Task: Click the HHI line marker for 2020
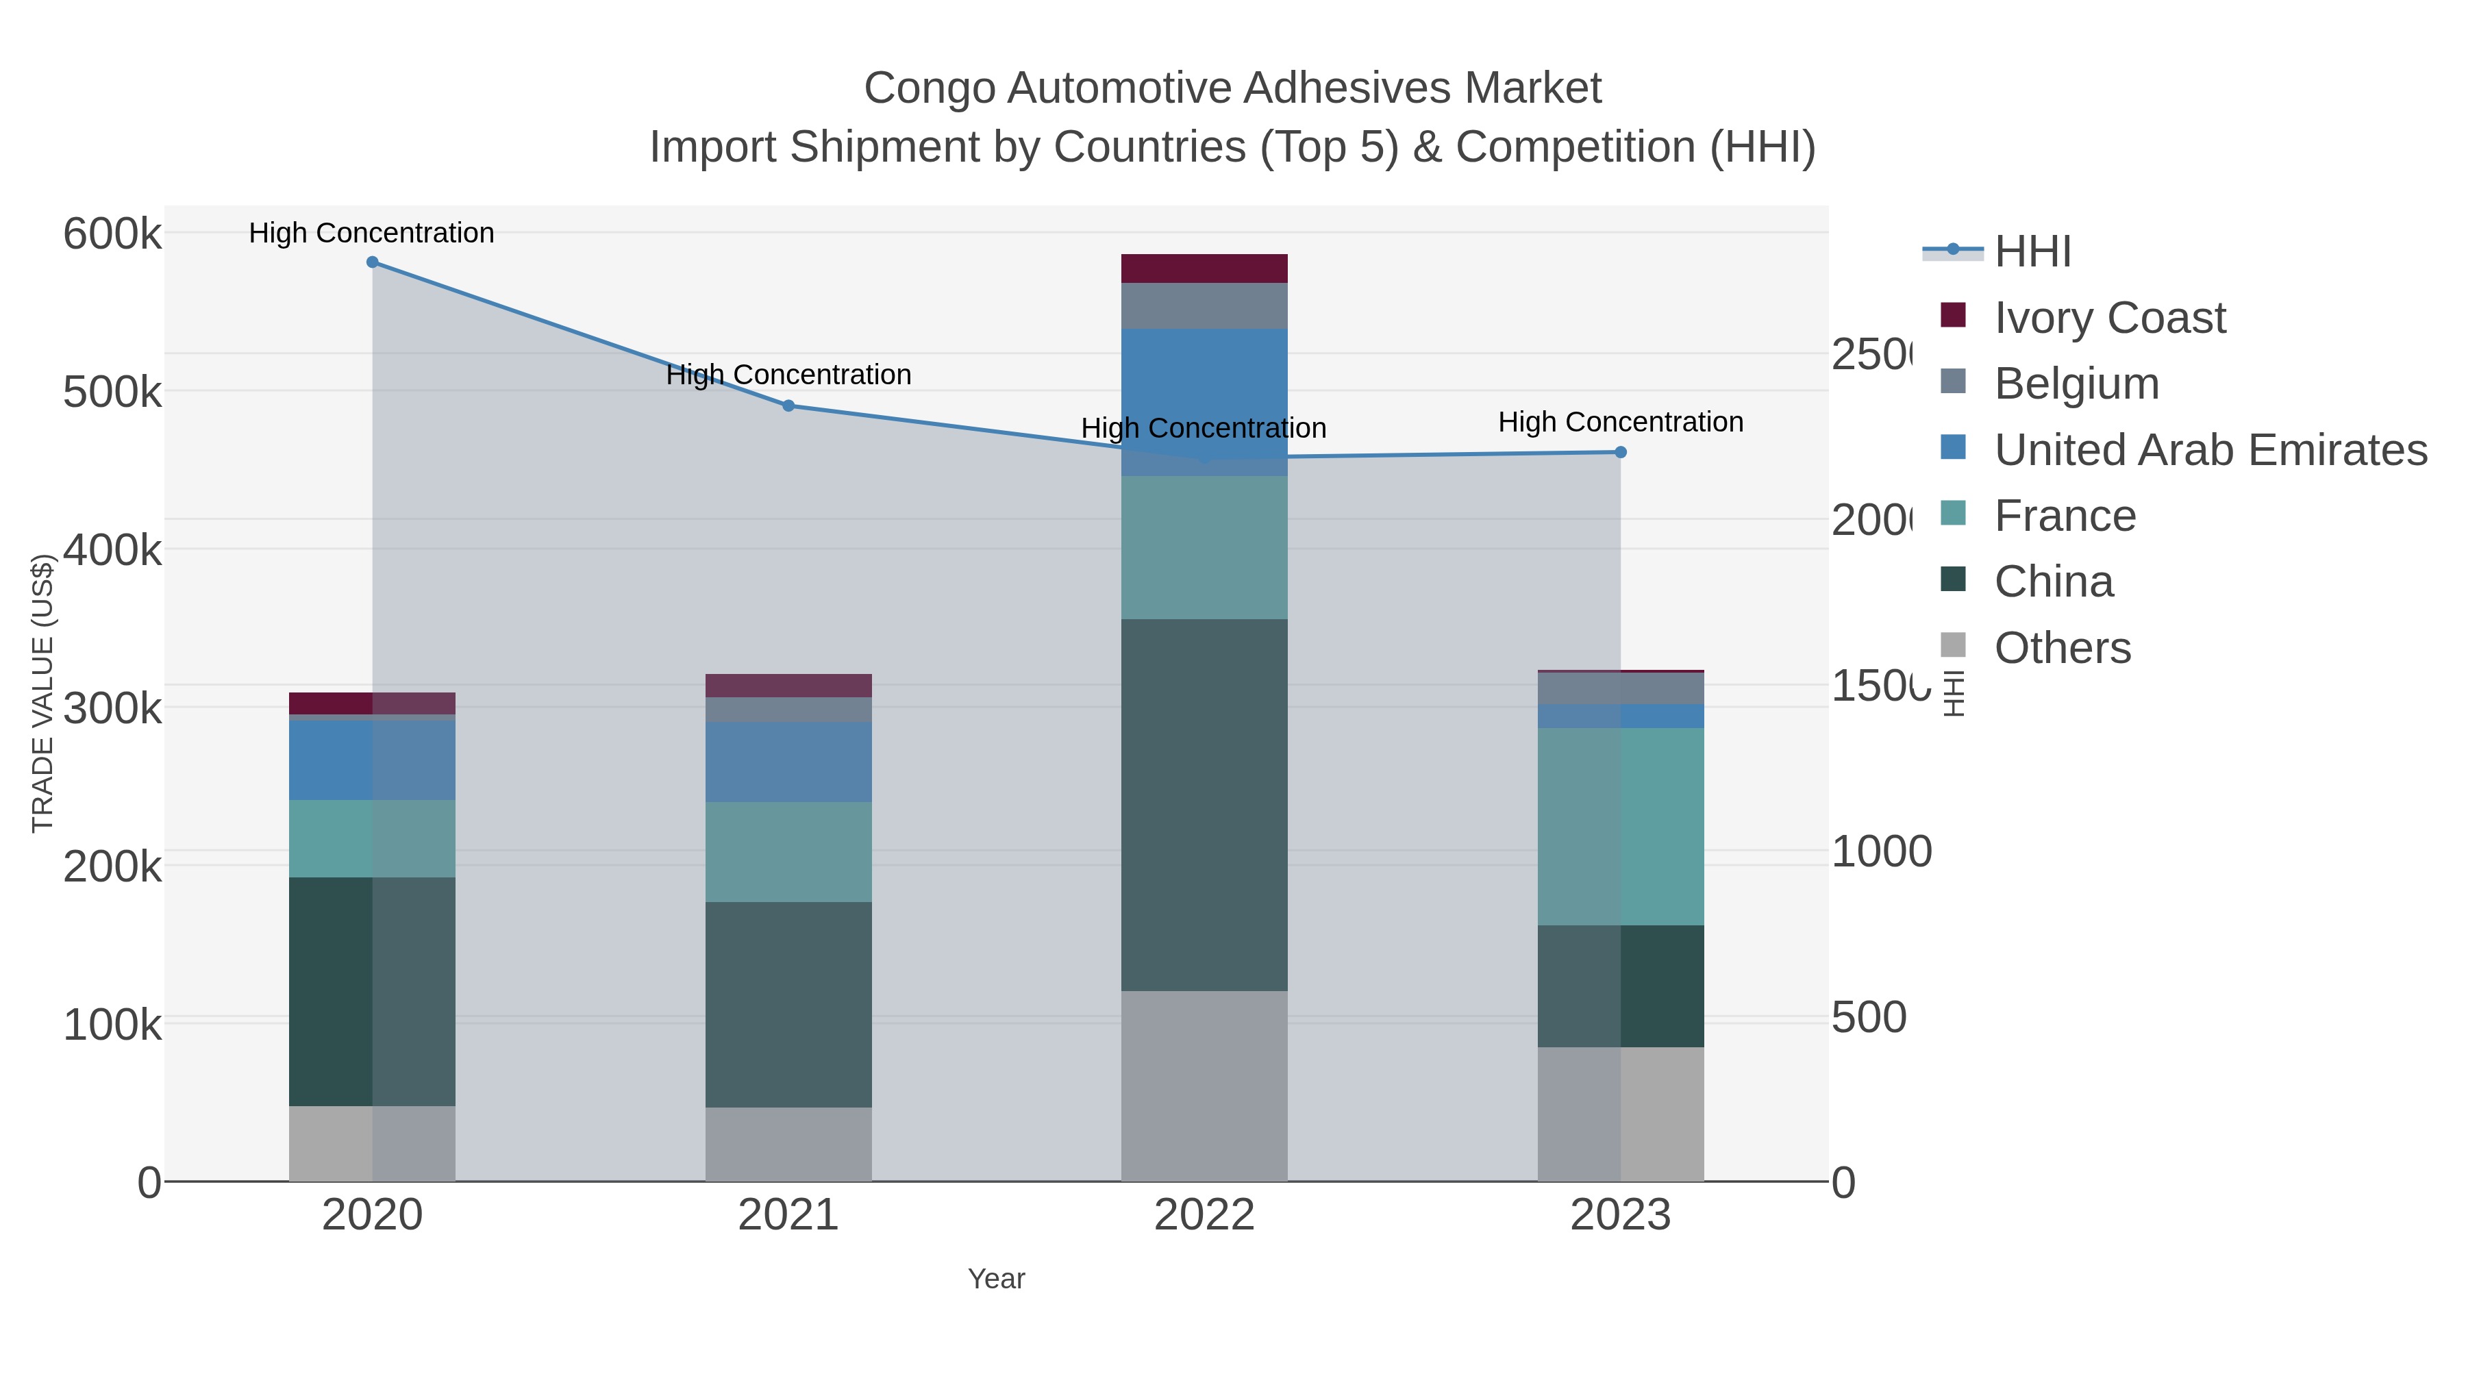[373, 262]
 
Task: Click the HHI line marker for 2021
[789, 406]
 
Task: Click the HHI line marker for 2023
[1621, 453]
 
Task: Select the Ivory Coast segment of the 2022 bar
[1204, 269]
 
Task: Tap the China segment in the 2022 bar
[1204, 805]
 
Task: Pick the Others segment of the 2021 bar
[789, 1144]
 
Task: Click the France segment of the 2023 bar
[1621, 826]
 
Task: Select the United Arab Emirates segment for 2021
[789, 762]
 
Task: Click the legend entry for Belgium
[2076, 384]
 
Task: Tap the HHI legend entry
[2032, 252]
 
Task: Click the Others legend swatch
[1953, 645]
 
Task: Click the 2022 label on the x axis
[1204, 1216]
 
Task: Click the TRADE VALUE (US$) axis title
[43, 693]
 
